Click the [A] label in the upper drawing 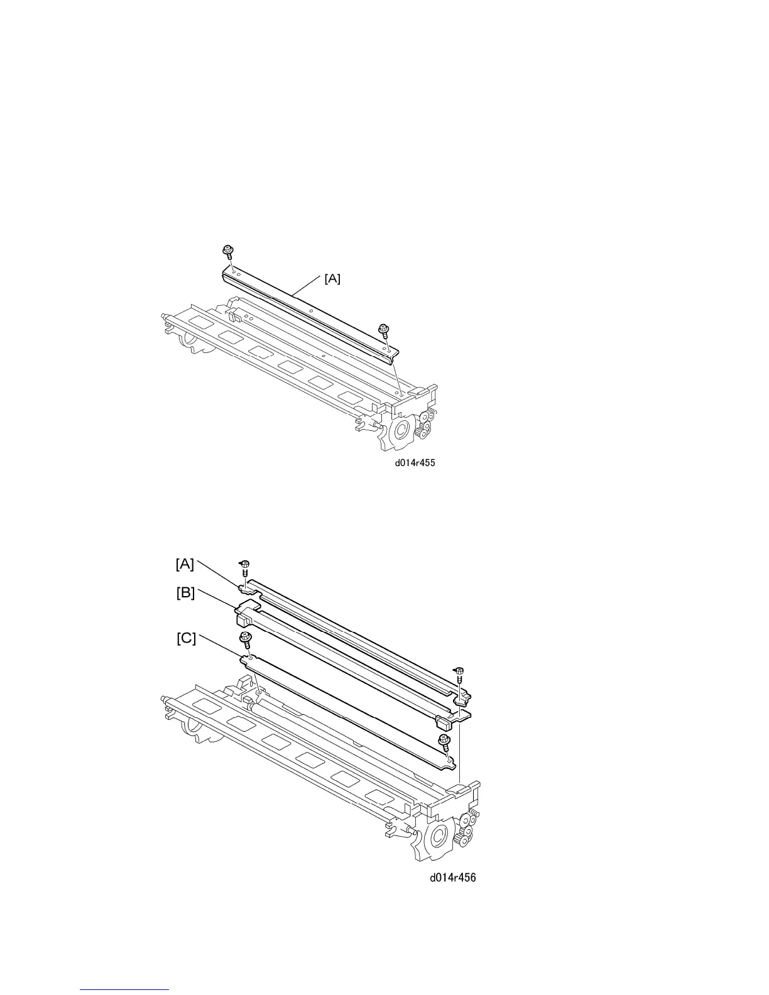(332, 279)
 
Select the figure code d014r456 (452, 878)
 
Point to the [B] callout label (185, 592)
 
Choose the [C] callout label (186, 638)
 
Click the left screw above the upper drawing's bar (227, 253)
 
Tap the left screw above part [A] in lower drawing (246, 566)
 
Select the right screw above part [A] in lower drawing (459, 672)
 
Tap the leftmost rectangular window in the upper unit (202, 322)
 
